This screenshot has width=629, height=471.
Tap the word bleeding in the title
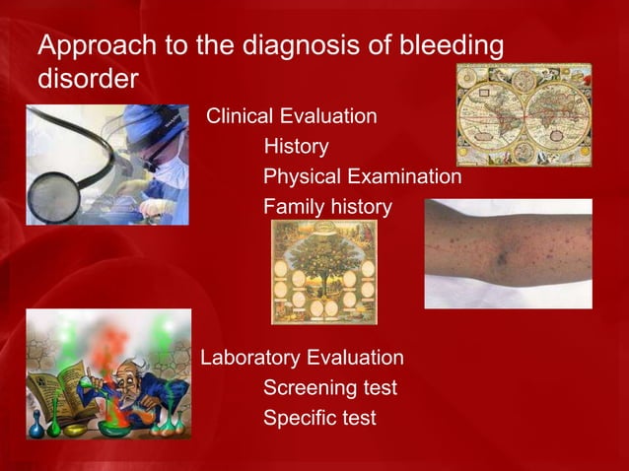[x=445, y=46]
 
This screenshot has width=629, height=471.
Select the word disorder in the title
[x=87, y=78]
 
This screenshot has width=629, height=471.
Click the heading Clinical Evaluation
[x=290, y=116]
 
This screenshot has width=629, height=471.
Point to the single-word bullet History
[x=296, y=147]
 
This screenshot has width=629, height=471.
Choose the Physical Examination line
[x=362, y=177]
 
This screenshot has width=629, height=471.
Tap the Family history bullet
[x=327, y=208]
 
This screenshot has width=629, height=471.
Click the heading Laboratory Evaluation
[x=302, y=357]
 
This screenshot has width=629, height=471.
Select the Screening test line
[x=329, y=387]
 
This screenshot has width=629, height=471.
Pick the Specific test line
[x=318, y=418]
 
